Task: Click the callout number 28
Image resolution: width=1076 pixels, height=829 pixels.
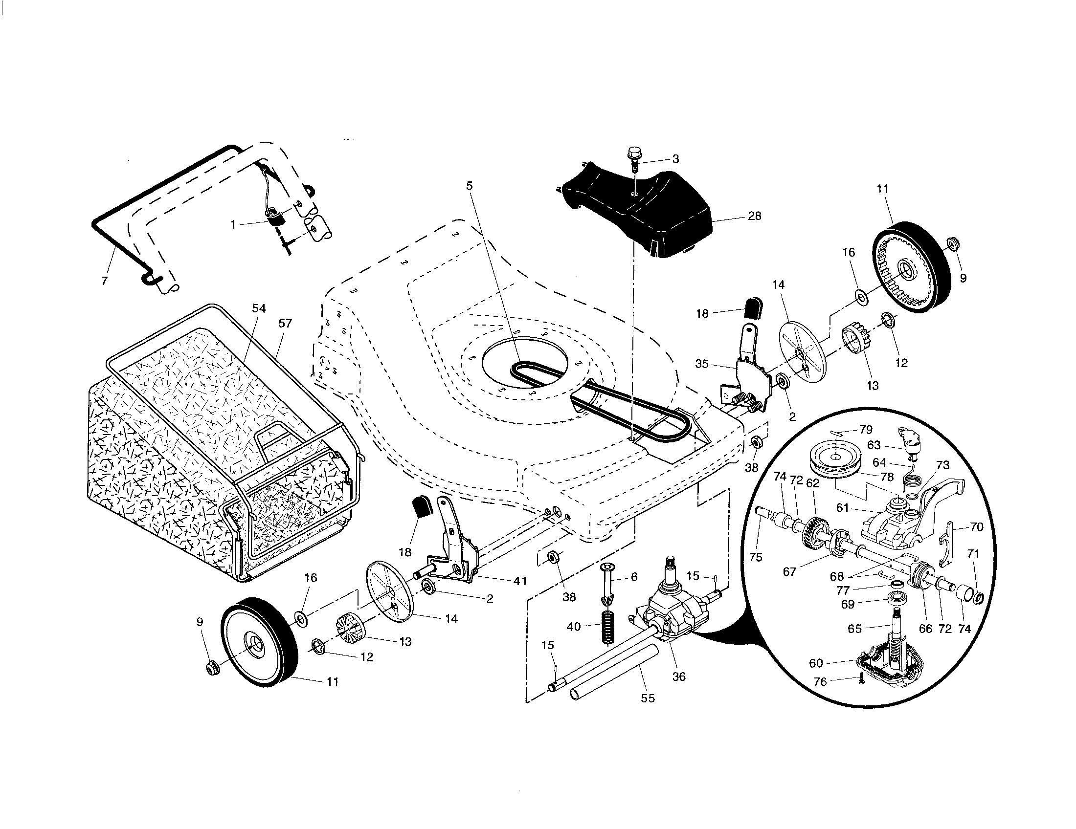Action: click(x=754, y=216)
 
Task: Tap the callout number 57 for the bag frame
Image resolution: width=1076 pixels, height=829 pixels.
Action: click(x=285, y=324)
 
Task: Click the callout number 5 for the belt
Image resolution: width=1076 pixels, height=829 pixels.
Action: click(x=469, y=186)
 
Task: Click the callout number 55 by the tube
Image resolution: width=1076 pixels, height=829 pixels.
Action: click(x=648, y=698)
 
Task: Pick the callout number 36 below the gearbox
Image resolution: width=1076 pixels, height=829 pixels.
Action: click(x=679, y=676)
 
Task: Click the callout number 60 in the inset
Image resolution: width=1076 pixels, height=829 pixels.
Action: click(x=816, y=663)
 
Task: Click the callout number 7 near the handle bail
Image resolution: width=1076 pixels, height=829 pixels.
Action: click(x=104, y=281)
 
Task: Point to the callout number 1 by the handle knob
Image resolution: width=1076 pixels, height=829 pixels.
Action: click(x=233, y=224)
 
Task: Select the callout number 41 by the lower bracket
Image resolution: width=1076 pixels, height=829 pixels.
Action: click(x=520, y=581)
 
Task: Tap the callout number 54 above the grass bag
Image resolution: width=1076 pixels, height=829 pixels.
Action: click(x=259, y=308)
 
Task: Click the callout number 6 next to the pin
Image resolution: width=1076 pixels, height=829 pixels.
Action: click(x=634, y=576)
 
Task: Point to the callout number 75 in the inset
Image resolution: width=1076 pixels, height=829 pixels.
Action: click(x=755, y=557)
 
